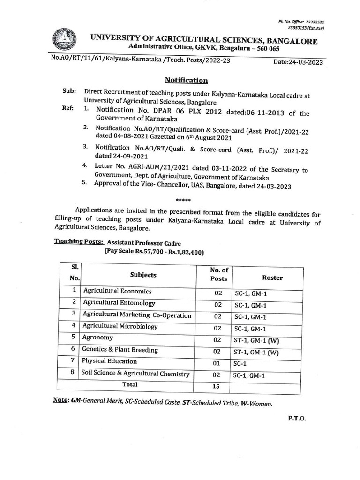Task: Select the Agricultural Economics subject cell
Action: tap(117, 291)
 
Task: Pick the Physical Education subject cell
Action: tap(110, 361)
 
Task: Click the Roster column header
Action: tap(272, 277)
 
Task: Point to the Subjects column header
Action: tap(143, 275)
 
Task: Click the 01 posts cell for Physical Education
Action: tap(217, 363)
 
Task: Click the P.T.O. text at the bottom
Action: tap(296, 419)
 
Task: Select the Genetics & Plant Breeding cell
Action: tap(120, 350)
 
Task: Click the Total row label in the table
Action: tap(130, 384)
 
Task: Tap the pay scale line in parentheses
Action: tap(154, 252)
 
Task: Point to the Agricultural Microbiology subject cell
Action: tap(120, 326)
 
